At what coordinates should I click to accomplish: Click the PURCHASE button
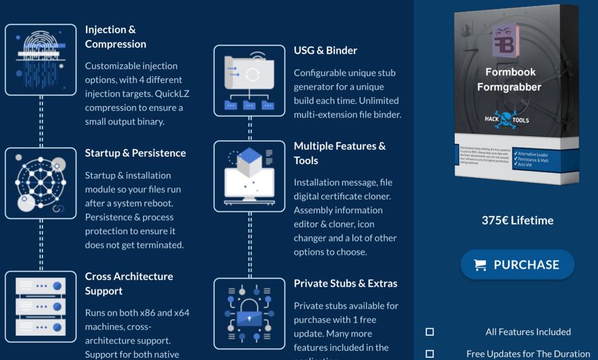pyautogui.click(x=518, y=264)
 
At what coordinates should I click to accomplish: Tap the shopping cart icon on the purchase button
pyautogui.click(x=479, y=264)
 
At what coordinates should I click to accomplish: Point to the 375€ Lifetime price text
pyautogui.click(x=518, y=220)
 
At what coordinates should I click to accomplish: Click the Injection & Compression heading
pyautogui.click(x=116, y=37)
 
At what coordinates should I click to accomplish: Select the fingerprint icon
pyautogui.click(x=41, y=60)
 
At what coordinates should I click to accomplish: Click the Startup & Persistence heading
pyautogui.click(x=135, y=153)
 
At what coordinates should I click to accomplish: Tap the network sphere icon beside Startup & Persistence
pyautogui.click(x=41, y=183)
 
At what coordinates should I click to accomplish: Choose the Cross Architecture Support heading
pyautogui.click(x=129, y=283)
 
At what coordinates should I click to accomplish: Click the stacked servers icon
pyautogui.click(x=41, y=306)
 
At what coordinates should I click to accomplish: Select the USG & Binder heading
pyautogui.click(x=325, y=51)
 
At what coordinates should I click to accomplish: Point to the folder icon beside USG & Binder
pyautogui.click(x=249, y=80)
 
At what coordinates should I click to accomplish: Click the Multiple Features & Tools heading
pyautogui.click(x=340, y=153)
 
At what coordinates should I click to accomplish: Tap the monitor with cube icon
pyautogui.click(x=249, y=176)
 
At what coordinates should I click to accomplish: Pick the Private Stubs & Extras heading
pyautogui.click(x=345, y=283)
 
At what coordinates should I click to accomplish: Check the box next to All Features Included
pyautogui.click(x=430, y=332)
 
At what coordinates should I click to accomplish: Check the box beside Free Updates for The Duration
pyautogui.click(x=430, y=354)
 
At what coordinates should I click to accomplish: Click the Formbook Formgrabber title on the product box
pyautogui.click(x=509, y=80)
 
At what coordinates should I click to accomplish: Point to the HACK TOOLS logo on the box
pyautogui.click(x=509, y=119)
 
